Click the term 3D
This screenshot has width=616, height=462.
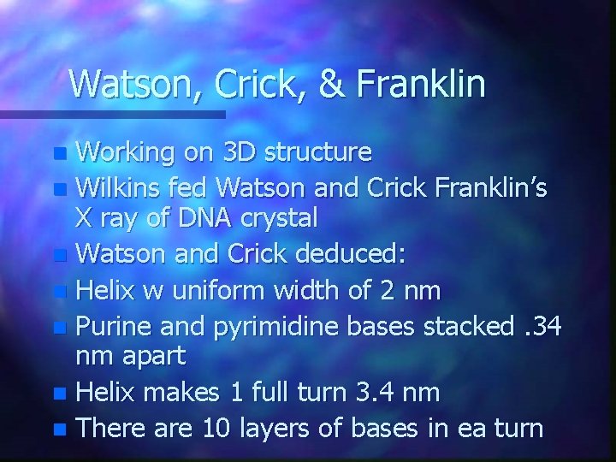click(x=239, y=152)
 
